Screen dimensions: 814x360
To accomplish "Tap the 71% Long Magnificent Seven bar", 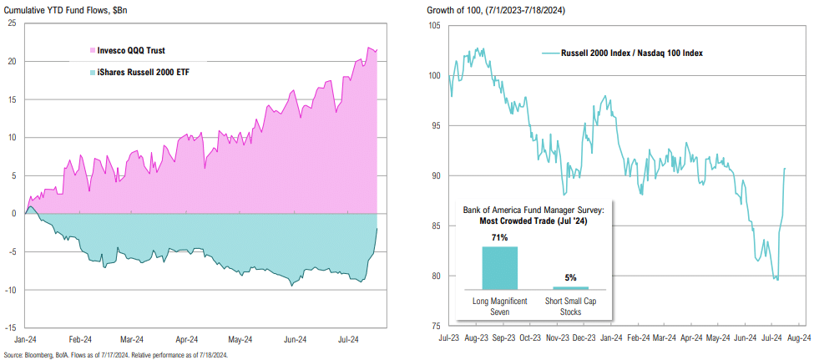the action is [x=500, y=268].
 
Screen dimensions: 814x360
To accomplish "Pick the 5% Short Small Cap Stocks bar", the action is [x=570, y=288].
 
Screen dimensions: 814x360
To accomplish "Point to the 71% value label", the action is [x=500, y=237].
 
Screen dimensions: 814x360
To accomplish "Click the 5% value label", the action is [x=570, y=277].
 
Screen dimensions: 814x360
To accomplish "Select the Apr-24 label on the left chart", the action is [x=186, y=340].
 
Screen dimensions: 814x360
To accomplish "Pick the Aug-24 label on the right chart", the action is [x=798, y=337].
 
